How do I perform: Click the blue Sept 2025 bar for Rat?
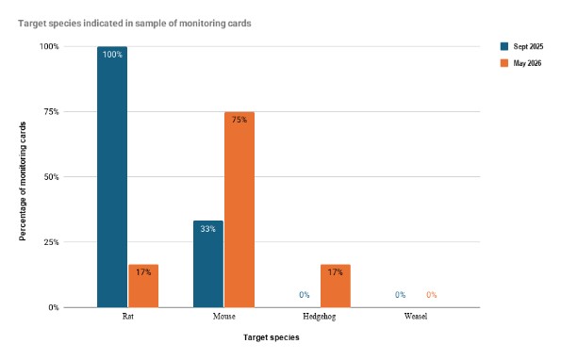[x=112, y=177]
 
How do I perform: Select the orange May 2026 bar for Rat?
[x=143, y=286]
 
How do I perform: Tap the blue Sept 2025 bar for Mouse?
[x=208, y=264]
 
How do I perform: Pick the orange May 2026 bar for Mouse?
[x=239, y=210]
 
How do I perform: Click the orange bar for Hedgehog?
[x=336, y=286]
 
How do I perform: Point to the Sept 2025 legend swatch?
[x=504, y=46]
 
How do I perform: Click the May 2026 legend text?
[x=527, y=63]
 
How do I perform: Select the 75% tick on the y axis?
[x=52, y=112]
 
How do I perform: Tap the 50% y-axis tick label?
[x=52, y=177]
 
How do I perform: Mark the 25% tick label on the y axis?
[x=52, y=242]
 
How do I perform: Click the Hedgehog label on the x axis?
[x=319, y=317]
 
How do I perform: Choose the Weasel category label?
[x=416, y=316]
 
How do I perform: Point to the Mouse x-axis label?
[x=224, y=316]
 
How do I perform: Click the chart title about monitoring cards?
[x=135, y=24]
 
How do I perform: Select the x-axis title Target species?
[x=272, y=337]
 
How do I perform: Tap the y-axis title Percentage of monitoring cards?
[x=23, y=181]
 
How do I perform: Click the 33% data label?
[x=207, y=229]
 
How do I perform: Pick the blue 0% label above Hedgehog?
[x=305, y=295]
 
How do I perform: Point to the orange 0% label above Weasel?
[x=432, y=295]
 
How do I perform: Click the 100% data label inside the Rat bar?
[x=112, y=55]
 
